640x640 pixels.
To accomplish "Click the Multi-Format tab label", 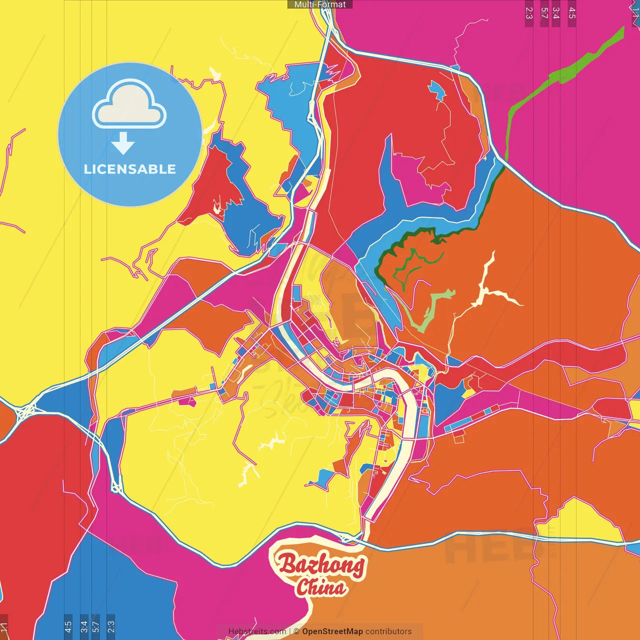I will coord(320,4).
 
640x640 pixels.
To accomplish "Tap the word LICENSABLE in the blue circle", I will coord(130,169).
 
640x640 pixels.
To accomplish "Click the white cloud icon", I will coord(129,105).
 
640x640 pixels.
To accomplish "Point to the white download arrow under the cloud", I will coord(123,143).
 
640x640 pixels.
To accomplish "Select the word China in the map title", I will coord(320,587).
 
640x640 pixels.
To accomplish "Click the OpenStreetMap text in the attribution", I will coord(332,631).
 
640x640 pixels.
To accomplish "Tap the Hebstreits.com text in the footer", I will coord(257,631).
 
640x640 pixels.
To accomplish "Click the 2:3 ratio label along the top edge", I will coord(529,13).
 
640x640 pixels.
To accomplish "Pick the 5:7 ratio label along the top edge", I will coord(544,13).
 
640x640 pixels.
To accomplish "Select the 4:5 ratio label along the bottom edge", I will coord(68,626).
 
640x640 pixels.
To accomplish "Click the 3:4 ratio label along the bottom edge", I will coord(83,626).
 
